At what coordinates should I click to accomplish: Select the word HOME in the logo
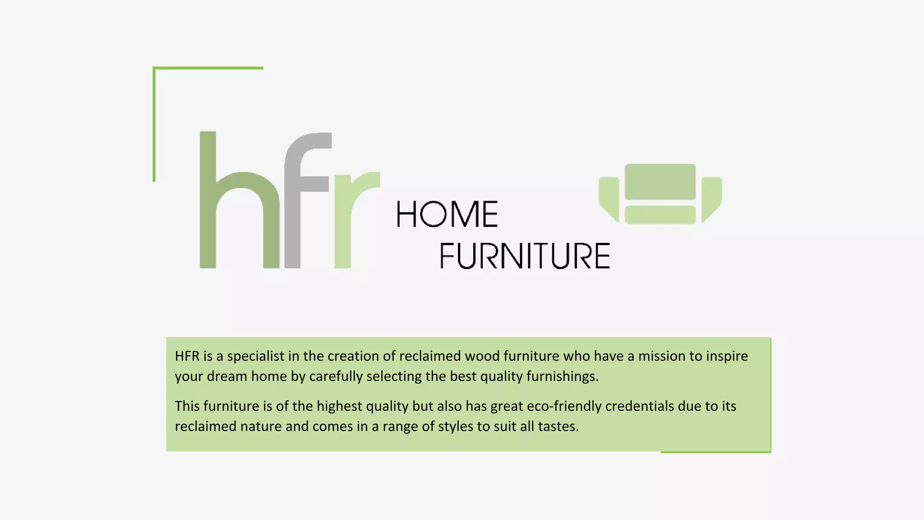[447, 214]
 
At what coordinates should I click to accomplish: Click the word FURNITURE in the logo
[525, 256]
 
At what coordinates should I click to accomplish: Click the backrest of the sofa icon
[660, 181]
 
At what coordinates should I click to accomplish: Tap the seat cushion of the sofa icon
[660, 215]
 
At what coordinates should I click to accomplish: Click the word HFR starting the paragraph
[187, 356]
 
